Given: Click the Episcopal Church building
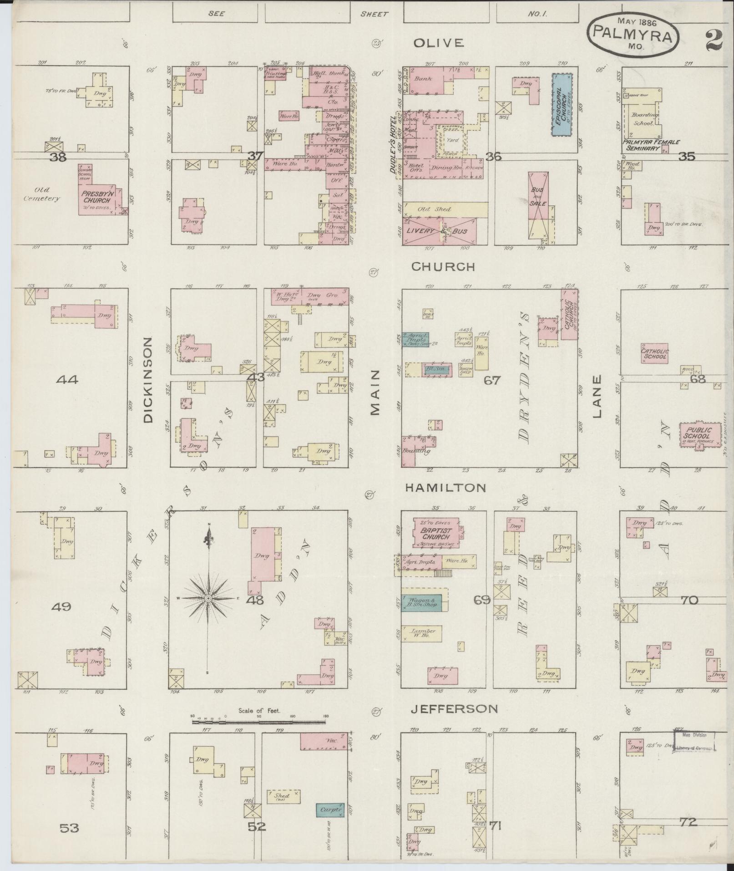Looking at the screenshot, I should point(562,105).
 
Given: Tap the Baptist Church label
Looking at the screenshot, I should point(435,533).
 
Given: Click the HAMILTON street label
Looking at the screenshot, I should point(445,488).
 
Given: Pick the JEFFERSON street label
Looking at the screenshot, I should point(454,708).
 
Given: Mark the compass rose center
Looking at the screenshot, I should point(208,598).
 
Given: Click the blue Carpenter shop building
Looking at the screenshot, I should point(330,810).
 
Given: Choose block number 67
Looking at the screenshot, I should point(492,380).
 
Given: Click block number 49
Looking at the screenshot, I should point(61,606).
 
